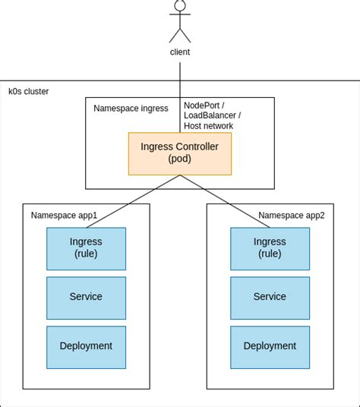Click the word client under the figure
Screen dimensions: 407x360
[x=180, y=52]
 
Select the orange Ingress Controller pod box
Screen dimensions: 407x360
[x=180, y=153]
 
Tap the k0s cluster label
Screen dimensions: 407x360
[x=28, y=91]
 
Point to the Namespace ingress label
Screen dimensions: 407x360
[x=131, y=109]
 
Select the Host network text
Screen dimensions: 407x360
[x=208, y=126]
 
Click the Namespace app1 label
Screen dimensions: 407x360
[x=64, y=216]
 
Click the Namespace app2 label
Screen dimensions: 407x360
[x=291, y=216]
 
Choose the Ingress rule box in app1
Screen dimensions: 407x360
[x=86, y=248]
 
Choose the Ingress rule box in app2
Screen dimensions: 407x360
[x=270, y=248]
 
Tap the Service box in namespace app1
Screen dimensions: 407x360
[x=86, y=297]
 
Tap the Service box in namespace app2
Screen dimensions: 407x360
[x=270, y=297]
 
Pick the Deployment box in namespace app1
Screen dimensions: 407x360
[x=86, y=346]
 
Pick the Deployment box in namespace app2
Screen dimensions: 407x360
[x=270, y=346]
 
